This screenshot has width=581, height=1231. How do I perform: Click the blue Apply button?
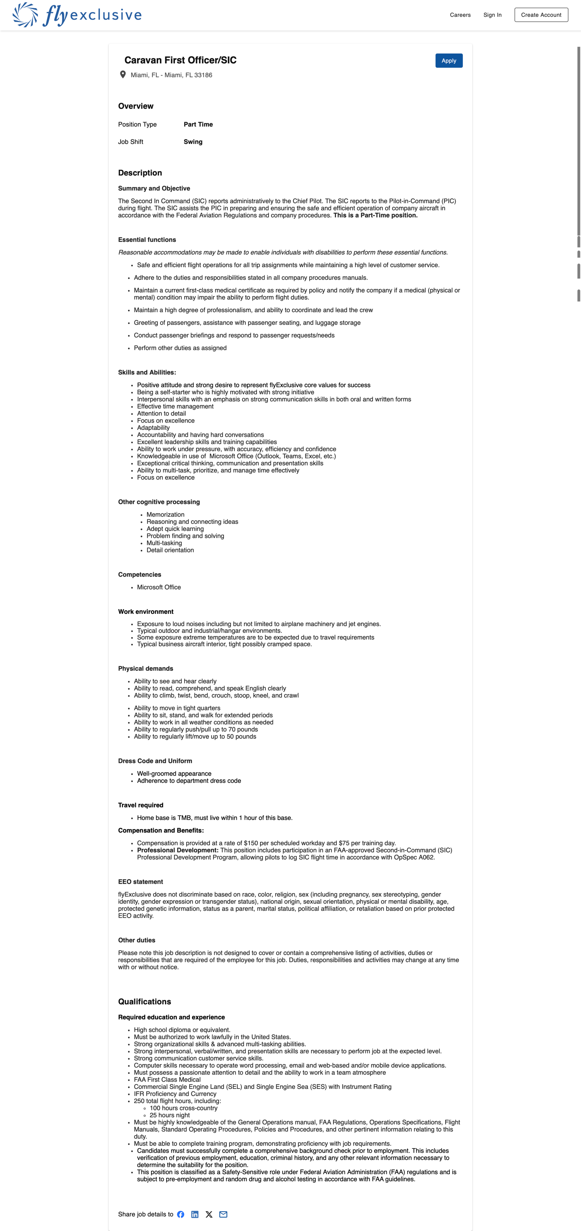click(x=449, y=61)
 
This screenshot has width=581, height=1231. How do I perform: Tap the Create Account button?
click(x=541, y=15)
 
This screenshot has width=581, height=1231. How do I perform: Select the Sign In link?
click(x=492, y=15)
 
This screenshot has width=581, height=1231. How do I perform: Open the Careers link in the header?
click(x=460, y=15)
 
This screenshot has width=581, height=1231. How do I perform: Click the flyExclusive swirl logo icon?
click(x=25, y=14)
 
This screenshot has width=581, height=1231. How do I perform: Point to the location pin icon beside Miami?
click(x=123, y=75)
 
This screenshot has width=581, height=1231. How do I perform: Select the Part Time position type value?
click(x=198, y=124)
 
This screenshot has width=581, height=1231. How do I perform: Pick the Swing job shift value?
click(x=193, y=142)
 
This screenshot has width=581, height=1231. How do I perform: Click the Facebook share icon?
click(x=180, y=1214)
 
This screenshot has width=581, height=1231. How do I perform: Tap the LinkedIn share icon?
click(x=195, y=1214)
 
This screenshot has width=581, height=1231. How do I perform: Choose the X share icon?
click(x=209, y=1214)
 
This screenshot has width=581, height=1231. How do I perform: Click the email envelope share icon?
click(x=223, y=1214)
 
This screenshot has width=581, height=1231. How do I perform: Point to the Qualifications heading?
click(x=144, y=1001)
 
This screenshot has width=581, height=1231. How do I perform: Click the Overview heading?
click(x=136, y=106)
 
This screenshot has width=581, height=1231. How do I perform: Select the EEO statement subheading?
click(x=141, y=882)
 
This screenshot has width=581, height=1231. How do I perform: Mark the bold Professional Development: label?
click(x=177, y=850)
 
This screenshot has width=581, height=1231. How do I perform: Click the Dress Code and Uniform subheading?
click(x=155, y=761)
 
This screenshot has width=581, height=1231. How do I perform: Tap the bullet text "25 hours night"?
click(x=170, y=1115)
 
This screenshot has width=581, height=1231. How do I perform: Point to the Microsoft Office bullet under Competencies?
click(x=159, y=587)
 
